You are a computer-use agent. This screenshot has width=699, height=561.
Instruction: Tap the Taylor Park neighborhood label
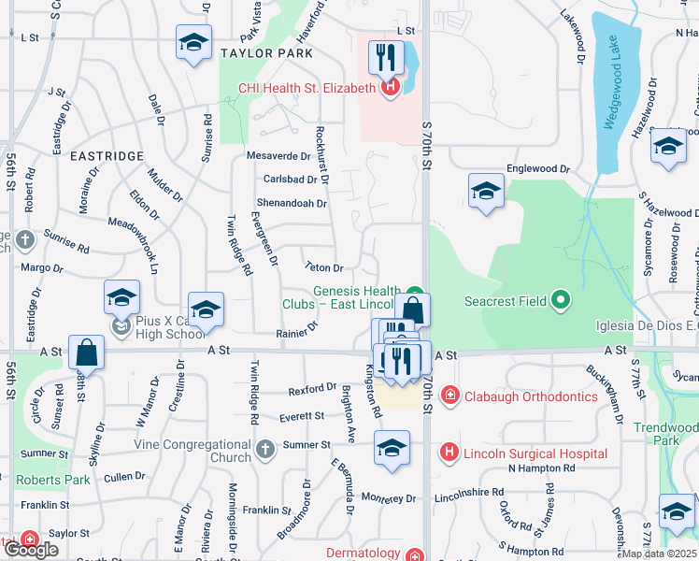(266, 53)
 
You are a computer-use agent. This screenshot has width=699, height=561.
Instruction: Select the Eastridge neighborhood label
(107, 155)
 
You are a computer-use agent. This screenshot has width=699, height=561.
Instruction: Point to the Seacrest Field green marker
(560, 300)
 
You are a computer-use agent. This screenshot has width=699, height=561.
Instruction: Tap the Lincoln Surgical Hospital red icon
(449, 453)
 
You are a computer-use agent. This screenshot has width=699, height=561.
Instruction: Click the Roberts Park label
(53, 480)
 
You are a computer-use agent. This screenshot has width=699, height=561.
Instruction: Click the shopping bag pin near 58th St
(86, 352)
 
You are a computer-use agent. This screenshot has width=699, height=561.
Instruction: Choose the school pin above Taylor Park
(193, 43)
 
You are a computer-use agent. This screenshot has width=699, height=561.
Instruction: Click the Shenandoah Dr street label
(292, 203)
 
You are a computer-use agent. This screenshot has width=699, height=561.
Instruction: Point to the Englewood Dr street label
(537, 169)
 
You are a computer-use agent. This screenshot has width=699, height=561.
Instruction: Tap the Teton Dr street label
(324, 268)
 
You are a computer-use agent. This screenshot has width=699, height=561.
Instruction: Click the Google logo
(32, 550)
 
